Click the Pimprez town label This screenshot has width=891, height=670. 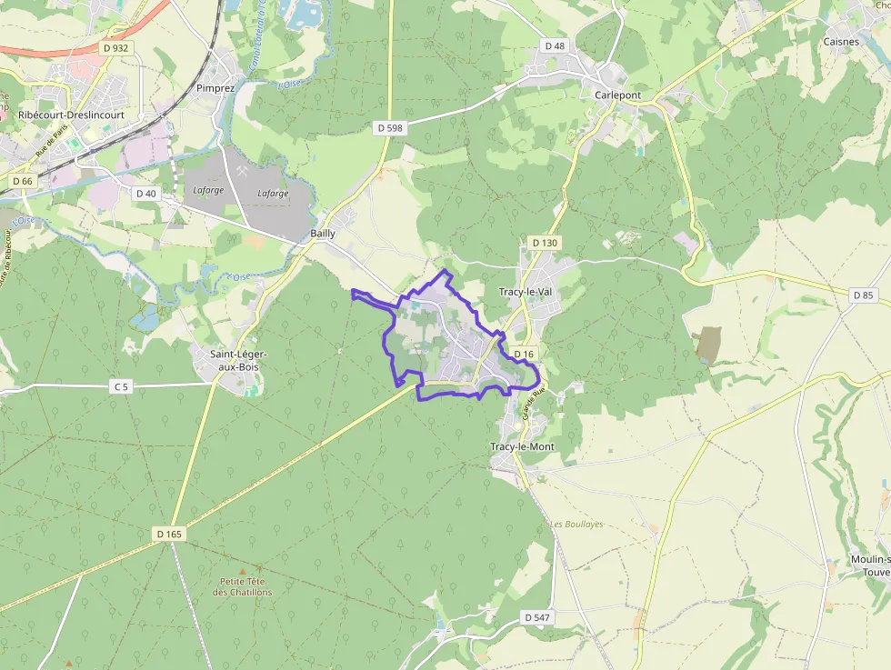point(215,89)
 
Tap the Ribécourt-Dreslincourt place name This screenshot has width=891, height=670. point(71,115)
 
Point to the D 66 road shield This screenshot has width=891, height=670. point(23,182)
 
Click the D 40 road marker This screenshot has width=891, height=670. point(145,194)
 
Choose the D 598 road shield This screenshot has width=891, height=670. point(389,129)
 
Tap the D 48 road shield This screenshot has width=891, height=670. point(555,45)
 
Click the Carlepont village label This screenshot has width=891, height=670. point(617,95)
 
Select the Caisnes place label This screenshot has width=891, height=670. point(840,42)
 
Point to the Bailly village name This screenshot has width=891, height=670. point(323,234)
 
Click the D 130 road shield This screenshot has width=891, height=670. point(543,243)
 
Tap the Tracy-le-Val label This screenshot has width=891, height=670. point(526,292)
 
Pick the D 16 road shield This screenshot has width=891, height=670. point(523,354)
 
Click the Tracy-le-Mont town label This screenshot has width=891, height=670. point(522,447)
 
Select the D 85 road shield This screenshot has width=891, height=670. point(864,295)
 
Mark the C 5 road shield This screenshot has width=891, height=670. point(121,387)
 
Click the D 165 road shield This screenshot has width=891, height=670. point(169,535)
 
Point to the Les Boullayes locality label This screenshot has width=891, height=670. point(576,525)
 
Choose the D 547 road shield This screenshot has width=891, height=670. point(537,617)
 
